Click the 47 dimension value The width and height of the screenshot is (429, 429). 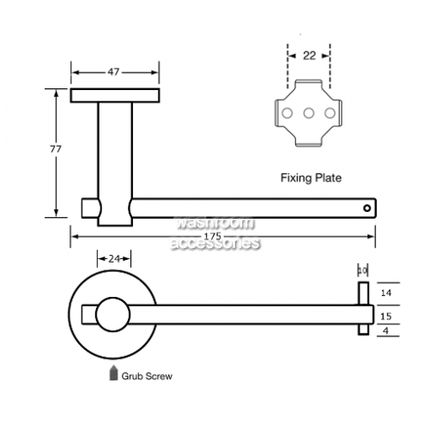[x=113, y=72]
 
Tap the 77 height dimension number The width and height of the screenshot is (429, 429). [x=56, y=149]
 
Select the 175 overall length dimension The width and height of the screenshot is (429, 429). [x=213, y=236]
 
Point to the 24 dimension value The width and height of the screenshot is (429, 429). [x=114, y=259]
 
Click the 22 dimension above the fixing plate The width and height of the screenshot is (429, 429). [x=309, y=56]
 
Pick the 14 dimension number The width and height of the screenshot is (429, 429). [x=386, y=293]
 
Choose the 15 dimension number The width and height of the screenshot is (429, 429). [x=386, y=317]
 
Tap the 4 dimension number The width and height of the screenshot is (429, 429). [x=386, y=331]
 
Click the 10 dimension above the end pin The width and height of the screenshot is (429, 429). [x=363, y=270]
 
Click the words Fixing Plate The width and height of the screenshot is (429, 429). [x=311, y=178]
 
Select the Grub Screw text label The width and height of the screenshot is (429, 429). [x=147, y=376]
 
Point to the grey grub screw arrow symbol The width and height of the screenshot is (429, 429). [x=113, y=372]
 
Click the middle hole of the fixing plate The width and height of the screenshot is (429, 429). [x=309, y=113]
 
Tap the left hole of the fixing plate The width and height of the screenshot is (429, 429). [x=287, y=113]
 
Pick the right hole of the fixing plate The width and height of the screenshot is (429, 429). [x=329, y=113]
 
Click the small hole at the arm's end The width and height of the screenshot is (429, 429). [x=367, y=208]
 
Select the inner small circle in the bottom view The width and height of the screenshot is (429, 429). [x=112, y=315]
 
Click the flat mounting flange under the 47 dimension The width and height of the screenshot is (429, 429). [x=115, y=95]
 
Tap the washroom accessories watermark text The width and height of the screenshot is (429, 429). [x=215, y=233]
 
